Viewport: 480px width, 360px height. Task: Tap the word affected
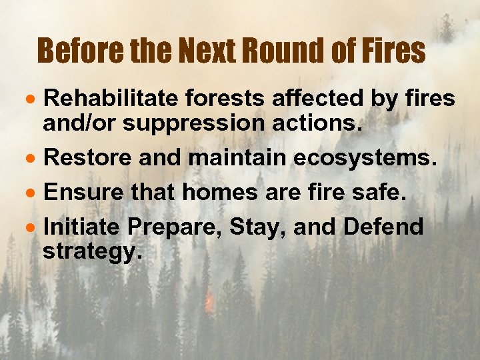pyautogui.click(x=315, y=99)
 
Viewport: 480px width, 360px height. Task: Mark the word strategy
pyautogui.click(x=92, y=252)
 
